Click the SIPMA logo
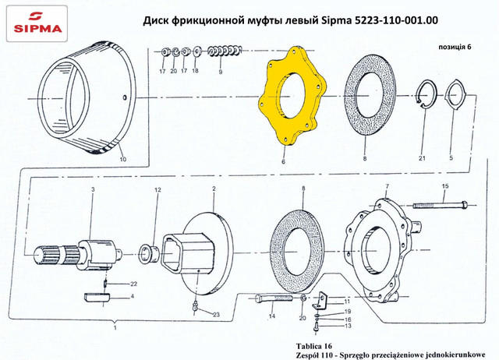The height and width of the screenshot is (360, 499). [37, 23]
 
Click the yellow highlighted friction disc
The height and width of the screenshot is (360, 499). [271, 95]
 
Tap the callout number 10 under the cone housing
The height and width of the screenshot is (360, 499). [123, 159]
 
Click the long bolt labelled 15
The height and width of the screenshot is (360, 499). [441, 205]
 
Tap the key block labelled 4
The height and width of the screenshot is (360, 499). [97, 297]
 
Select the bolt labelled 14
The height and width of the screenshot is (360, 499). [274, 298]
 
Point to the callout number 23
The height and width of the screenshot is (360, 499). [217, 315]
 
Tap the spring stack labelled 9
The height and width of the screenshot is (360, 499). [225, 51]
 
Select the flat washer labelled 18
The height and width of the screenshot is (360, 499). [196, 51]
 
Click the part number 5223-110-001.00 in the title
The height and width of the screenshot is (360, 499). [396, 20]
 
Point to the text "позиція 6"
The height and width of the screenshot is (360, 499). [455, 47]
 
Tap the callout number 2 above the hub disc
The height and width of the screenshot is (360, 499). [214, 189]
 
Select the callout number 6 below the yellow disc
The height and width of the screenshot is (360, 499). [283, 161]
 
